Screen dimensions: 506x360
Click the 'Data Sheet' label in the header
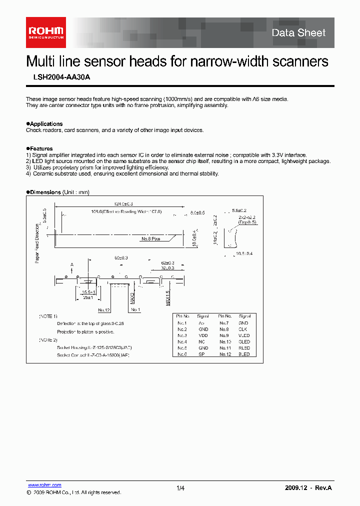(298, 33)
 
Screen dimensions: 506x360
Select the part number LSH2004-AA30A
(58, 77)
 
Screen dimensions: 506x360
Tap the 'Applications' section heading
(46, 124)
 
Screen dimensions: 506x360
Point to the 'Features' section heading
(41, 148)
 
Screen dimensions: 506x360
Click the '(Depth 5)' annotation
(247, 222)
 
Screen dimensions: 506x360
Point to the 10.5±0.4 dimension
(244, 254)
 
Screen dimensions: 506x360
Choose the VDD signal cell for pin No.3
(203, 335)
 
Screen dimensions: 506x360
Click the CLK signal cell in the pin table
(244, 329)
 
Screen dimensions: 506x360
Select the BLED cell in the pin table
(244, 354)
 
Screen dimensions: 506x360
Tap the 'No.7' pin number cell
(224, 323)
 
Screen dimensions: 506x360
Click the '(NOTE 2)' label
(48, 340)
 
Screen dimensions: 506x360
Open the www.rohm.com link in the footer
(44, 485)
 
